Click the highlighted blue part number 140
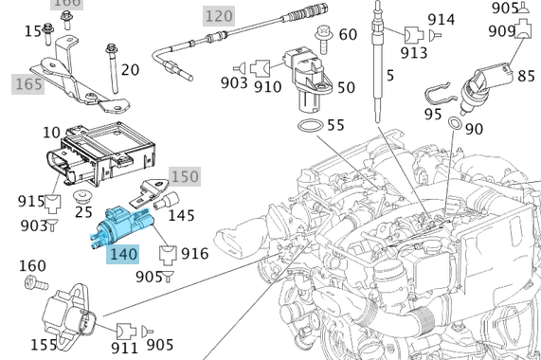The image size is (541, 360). click(x=124, y=254)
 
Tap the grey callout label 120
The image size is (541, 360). click(x=219, y=15)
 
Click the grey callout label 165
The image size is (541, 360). click(x=28, y=84)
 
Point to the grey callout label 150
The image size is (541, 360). click(x=185, y=176)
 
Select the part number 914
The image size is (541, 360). click(x=441, y=19)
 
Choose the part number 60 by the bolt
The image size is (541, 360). click(x=348, y=34)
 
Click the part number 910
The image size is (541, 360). click(x=268, y=87)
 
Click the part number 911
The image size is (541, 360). click(x=124, y=349)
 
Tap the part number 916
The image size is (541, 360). click(x=195, y=254)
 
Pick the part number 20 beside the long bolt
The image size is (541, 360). click(x=130, y=69)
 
